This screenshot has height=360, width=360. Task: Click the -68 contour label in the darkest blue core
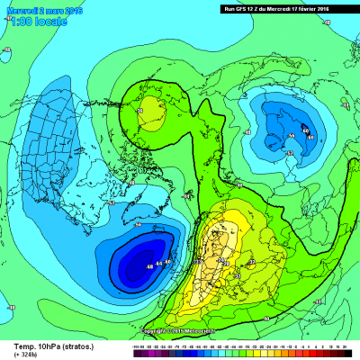(149, 268)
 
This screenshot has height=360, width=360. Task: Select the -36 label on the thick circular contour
(140, 110)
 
